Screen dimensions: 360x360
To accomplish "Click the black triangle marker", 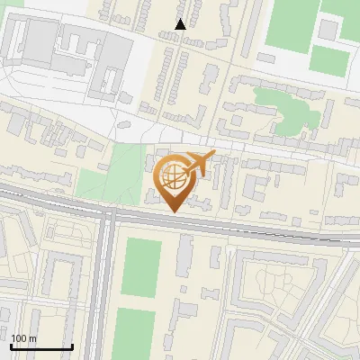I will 181,24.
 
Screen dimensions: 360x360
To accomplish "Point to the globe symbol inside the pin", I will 172,174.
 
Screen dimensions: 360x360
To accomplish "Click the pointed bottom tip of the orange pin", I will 173,211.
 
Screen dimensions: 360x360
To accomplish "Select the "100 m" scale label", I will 23,338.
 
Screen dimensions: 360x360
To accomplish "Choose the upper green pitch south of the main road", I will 141,266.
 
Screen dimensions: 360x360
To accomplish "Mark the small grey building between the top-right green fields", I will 328,30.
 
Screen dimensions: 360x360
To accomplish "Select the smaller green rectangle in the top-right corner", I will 330,61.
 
